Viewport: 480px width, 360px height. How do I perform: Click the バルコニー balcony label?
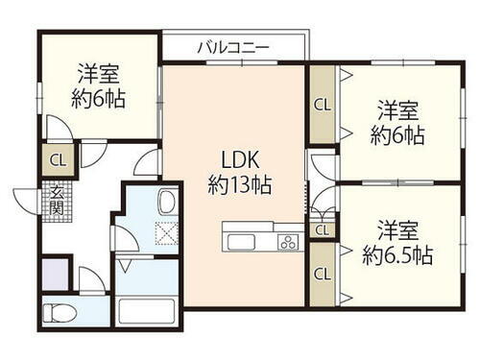coord(233,45)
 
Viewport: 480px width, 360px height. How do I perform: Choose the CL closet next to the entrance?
coord(57,161)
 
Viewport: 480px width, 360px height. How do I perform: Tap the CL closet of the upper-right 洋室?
coord(322,104)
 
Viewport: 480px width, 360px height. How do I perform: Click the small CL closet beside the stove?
coord(322,229)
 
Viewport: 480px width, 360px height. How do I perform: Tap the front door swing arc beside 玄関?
coord(29,197)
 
